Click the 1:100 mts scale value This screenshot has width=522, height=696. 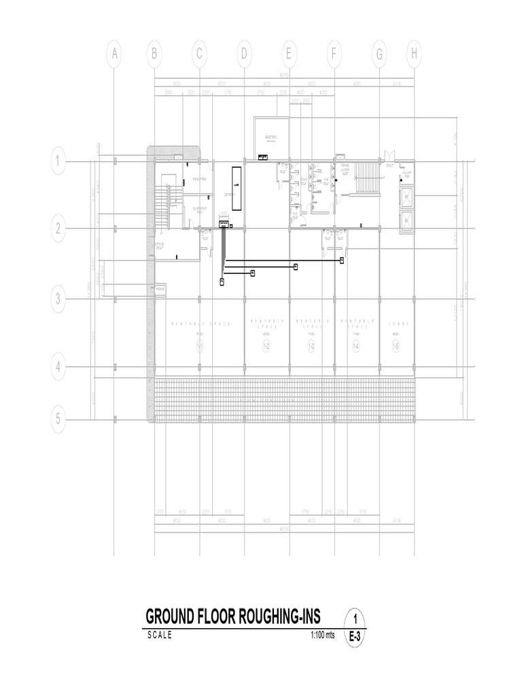[x=322, y=635]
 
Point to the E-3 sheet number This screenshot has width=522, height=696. [x=355, y=637]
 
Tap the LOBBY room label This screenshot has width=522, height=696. [x=396, y=324]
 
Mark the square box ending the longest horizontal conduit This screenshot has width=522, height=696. [x=342, y=260]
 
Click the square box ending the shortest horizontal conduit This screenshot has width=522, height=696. [x=252, y=273]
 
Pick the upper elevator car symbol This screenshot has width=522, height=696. [x=406, y=197]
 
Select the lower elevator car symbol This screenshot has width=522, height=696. [x=406, y=220]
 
